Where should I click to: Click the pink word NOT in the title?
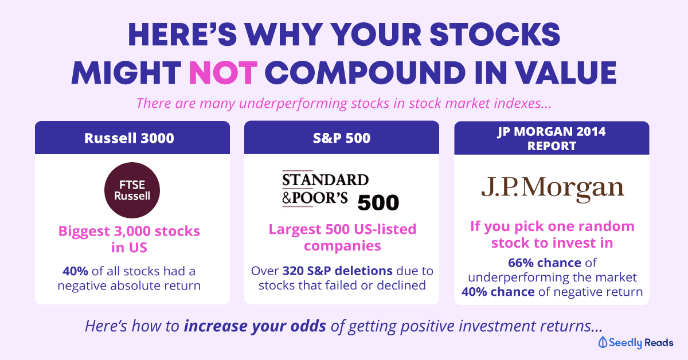(x=223, y=73)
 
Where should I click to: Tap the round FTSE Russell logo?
(x=132, y=190)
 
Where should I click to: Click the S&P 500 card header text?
(x=342, y=138)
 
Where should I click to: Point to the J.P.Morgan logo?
(x=553, y=188)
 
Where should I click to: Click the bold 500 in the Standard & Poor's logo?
(x=378, y=203)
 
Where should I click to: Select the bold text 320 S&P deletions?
(x=337, y=271)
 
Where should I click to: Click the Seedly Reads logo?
(x=635, y=342)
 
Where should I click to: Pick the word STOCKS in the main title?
(x=495, y=35)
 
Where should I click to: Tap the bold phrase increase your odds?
(x=255, y=326)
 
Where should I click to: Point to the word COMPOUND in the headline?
(x=365, y=73)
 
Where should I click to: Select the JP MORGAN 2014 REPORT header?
(x=552, y=139)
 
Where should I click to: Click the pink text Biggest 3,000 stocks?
(x=129, y=231)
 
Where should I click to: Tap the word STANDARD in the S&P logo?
(x=325, y=179)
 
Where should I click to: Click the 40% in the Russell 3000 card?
(x=75, y=271)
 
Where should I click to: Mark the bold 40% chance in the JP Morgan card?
(x=498, y=292)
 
